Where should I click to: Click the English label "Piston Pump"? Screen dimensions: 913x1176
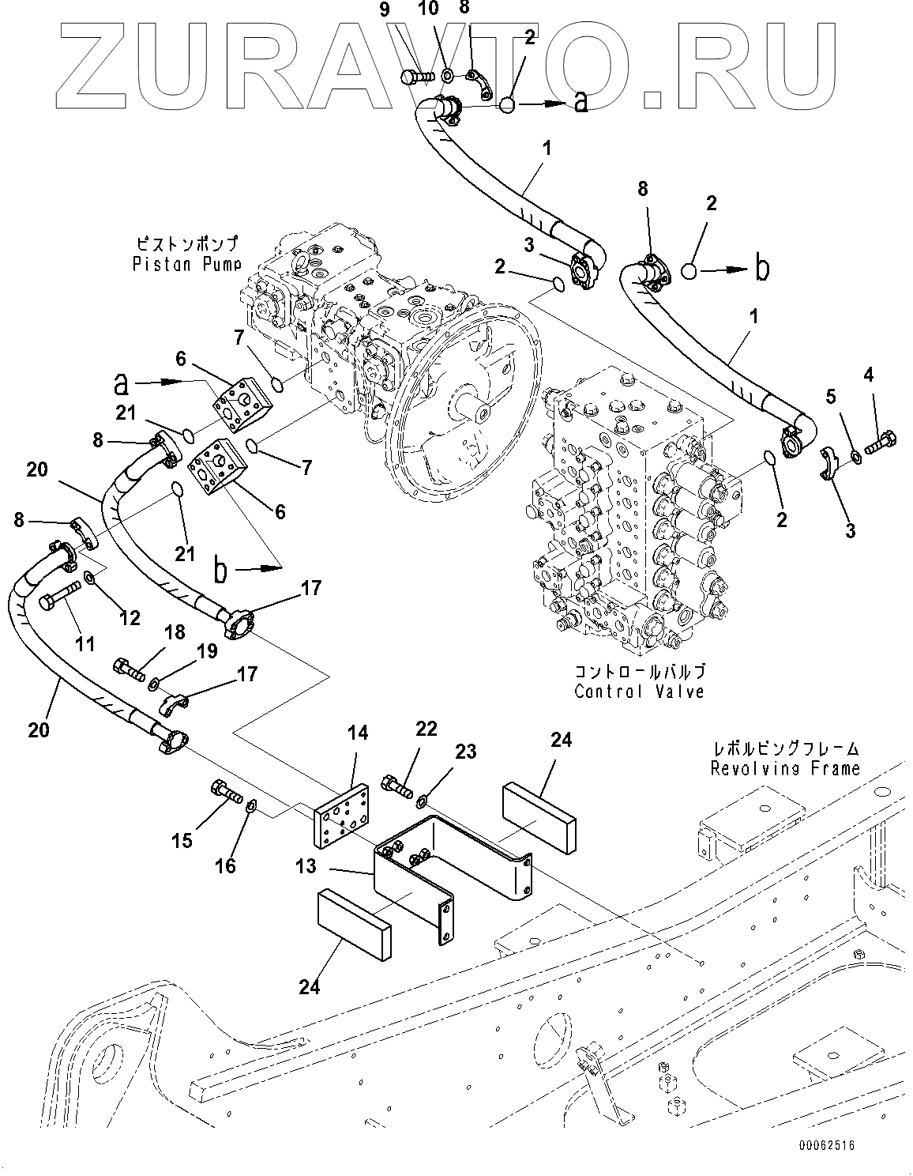(x=187, y=265)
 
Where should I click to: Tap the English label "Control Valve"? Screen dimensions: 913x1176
(x=639, y=692)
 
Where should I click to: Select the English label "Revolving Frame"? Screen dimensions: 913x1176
(x=785, y=768)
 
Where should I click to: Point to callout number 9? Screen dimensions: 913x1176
(x=385, y=10)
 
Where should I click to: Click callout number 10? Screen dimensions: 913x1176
(x=430, y=10)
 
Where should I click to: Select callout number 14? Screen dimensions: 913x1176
(x=358, y=733)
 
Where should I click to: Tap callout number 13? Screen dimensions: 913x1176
(x=306, y=866)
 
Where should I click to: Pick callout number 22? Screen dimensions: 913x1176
(x=426, y=729)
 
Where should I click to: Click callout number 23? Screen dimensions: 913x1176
(x=466, y=752)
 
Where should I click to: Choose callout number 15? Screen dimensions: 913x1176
(x=182, y=841)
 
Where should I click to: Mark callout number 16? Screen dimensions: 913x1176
(x=225, y=866)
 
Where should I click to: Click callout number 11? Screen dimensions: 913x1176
(x=85, y=645)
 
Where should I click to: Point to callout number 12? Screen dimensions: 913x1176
(x=130, y=618)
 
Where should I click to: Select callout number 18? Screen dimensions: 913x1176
(x=175, y=632)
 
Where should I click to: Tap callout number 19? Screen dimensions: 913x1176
(x=207, y=651)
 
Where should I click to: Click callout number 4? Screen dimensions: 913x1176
(x=868, y=375)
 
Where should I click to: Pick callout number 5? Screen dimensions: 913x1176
(x=830, y=397)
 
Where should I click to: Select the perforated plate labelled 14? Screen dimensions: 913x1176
(x=341, y=817)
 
